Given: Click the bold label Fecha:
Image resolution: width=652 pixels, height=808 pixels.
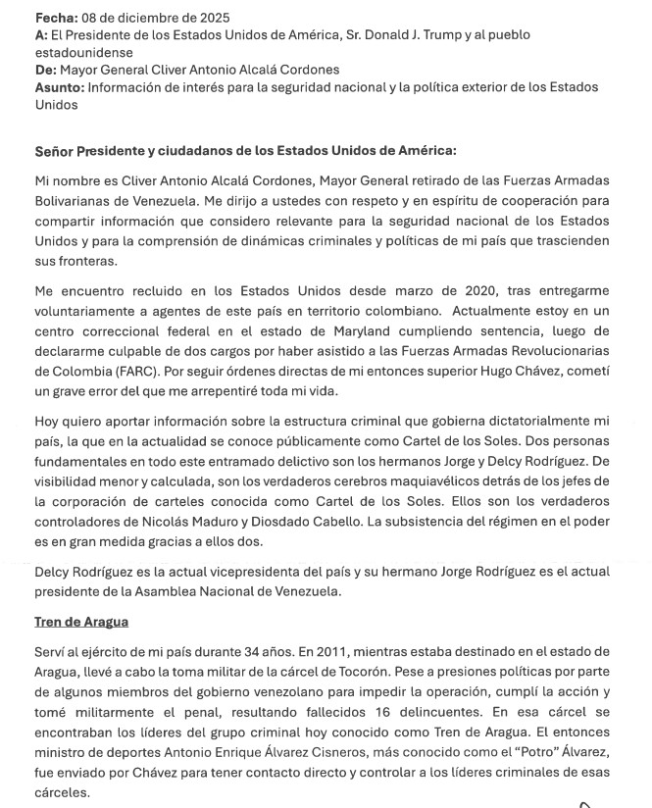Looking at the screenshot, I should (57, 19).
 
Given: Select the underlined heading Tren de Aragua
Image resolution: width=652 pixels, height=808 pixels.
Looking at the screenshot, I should (81, 622).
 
